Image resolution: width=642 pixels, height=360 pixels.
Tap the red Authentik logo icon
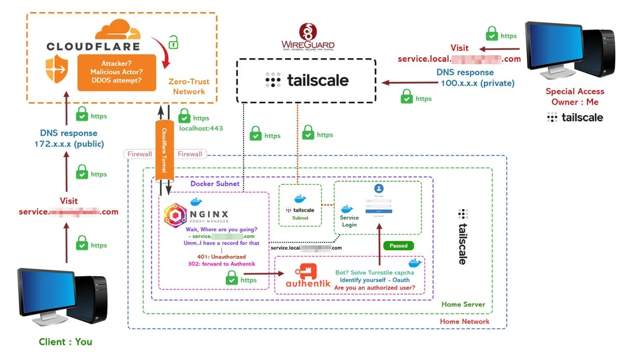point(307,273)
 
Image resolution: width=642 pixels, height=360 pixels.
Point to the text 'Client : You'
point(65,342)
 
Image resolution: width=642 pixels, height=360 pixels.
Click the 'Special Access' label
point(574,91)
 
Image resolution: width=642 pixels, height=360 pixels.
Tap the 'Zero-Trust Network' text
point(189,87)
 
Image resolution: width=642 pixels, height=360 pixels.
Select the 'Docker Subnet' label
point(215,184)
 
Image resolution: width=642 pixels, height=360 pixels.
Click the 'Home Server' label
point(463,304)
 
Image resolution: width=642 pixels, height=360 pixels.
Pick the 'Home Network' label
point(464,321)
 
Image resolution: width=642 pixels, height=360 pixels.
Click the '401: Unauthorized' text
point(221,257)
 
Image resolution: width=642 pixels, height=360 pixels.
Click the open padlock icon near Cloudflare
point(173,42)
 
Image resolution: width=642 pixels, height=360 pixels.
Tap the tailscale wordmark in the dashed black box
point(307,80)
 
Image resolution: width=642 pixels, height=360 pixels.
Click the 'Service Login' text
point(349,221)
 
